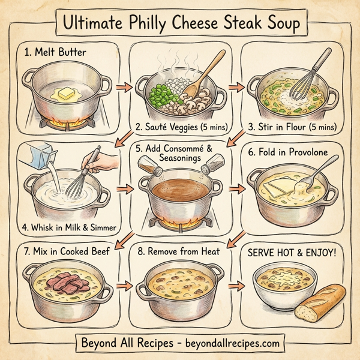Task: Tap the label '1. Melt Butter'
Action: [55, 53]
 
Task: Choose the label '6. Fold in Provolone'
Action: [290, 152]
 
